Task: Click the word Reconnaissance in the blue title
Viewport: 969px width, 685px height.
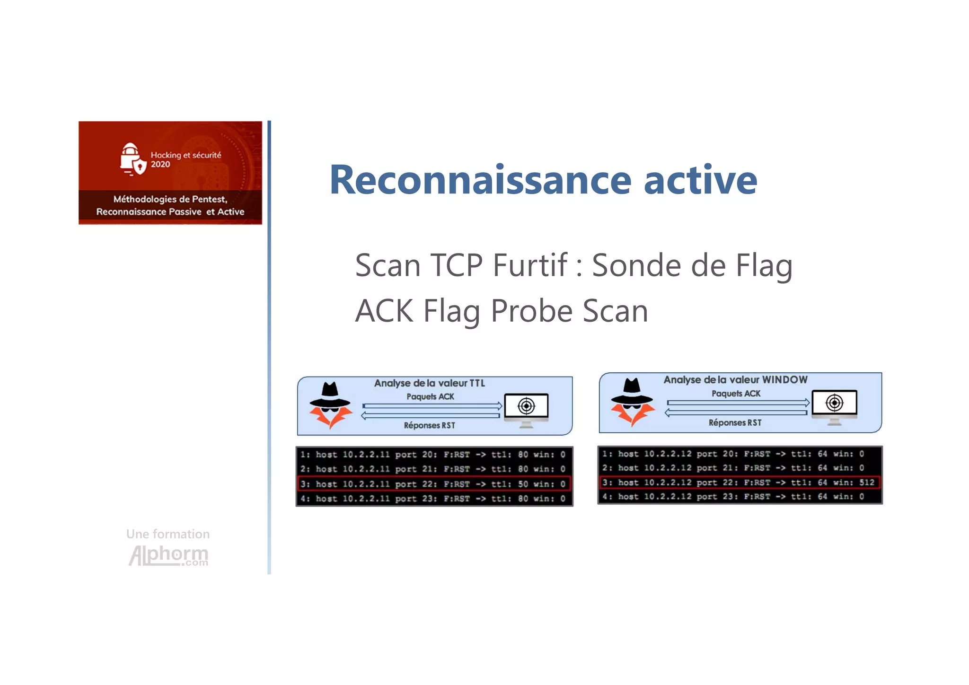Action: [x=480, y=180]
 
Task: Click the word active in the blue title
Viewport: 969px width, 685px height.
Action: [x=700, y=180]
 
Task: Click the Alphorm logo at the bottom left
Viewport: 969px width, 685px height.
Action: [x=168, y=555]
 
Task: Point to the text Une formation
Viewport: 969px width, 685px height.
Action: [x=168, y=534]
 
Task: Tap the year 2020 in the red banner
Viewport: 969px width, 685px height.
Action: [x=160, y=165]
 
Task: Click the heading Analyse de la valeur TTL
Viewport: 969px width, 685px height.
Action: [x=429, y=383]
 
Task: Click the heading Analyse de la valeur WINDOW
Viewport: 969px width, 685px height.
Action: [x=735, y=380]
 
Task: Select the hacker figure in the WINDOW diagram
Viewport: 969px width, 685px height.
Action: [x=633, y=402]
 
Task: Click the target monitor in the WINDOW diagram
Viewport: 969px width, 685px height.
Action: [x=834, y=405]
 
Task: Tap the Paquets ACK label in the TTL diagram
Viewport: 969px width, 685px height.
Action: [x=430, y=396]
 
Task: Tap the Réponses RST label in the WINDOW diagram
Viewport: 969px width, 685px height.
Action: [x=735, y=422]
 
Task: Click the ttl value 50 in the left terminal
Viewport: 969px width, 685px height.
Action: [x=522, y=484]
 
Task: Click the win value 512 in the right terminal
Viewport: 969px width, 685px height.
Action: [x=867, y=483]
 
